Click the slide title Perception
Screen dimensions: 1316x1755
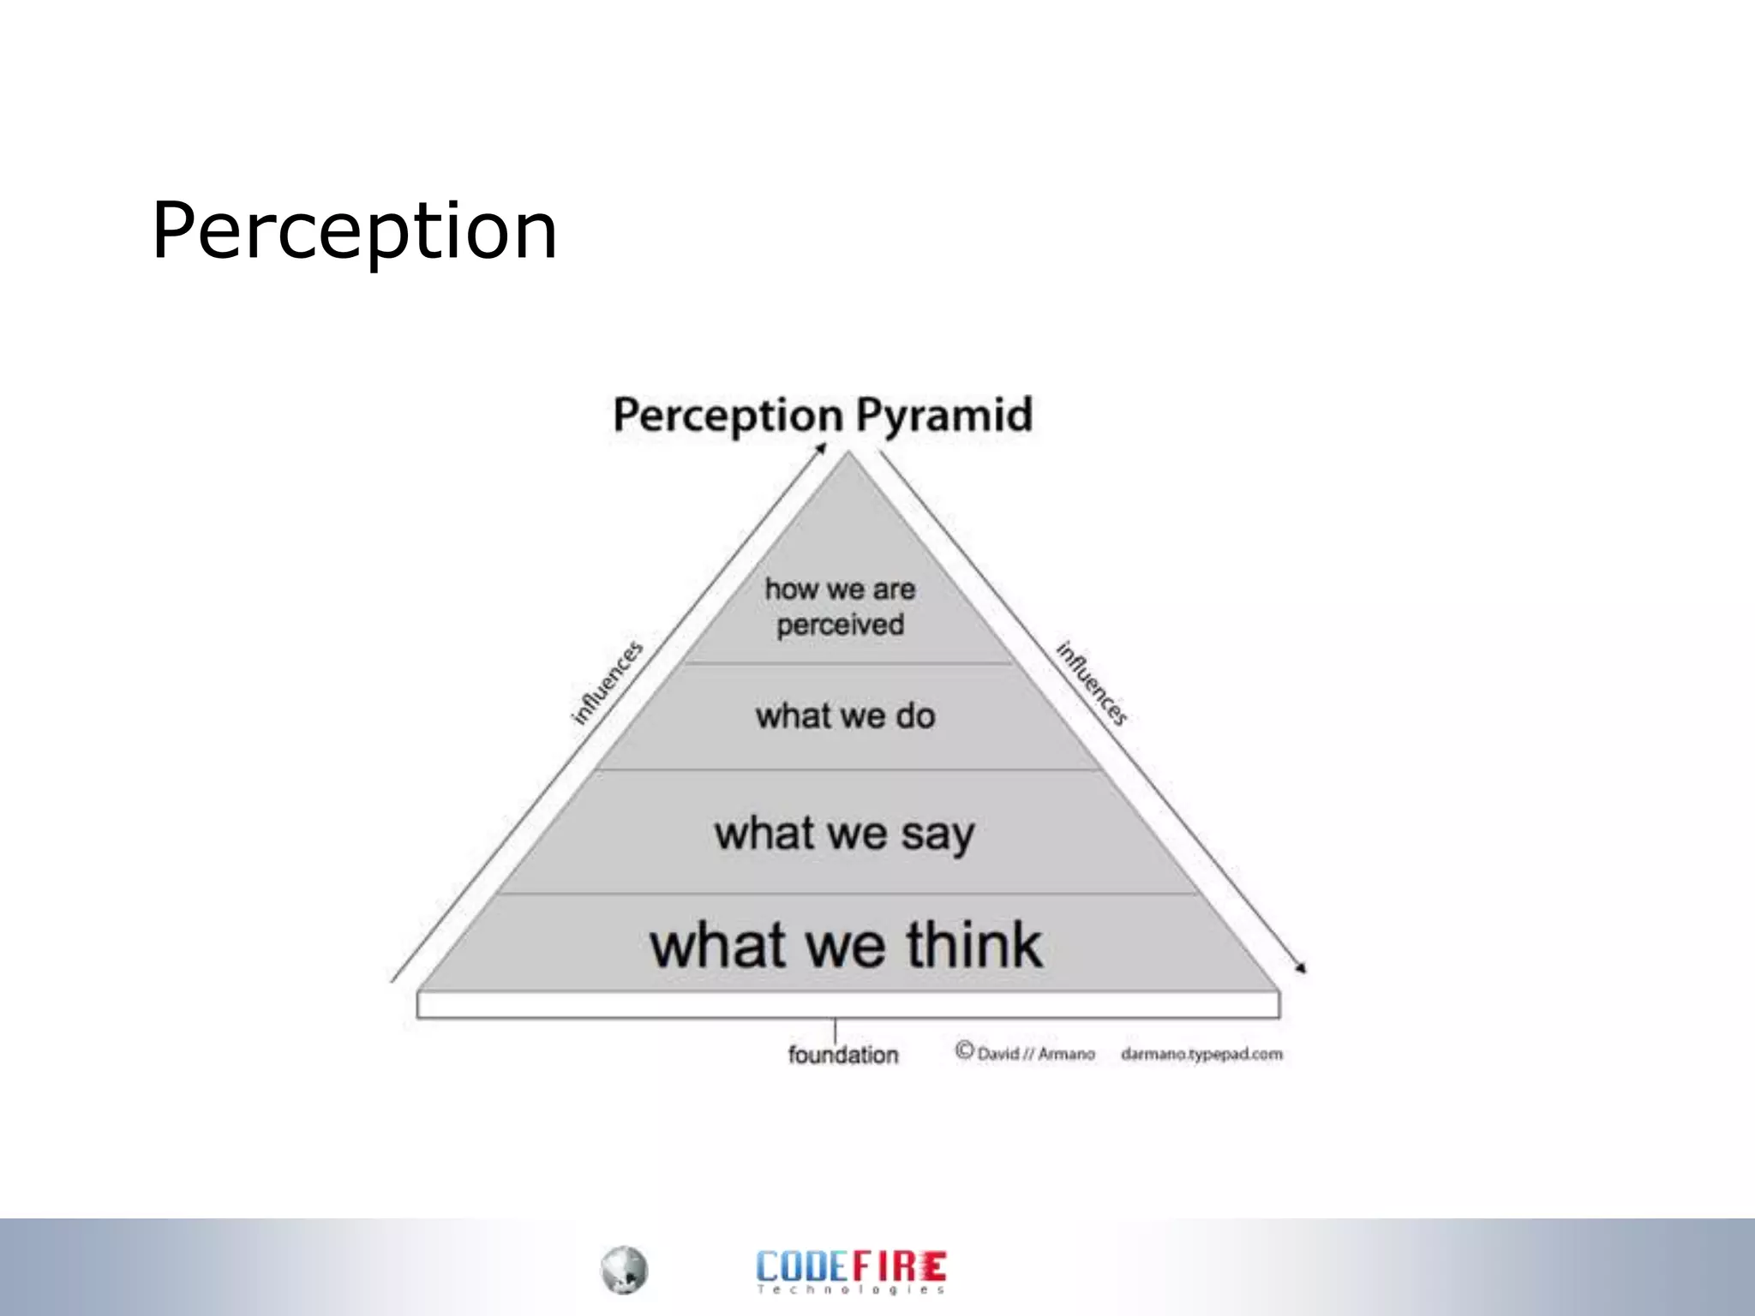point(355,230)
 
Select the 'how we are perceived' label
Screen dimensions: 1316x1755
point(840,607)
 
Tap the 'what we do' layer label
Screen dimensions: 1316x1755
point(845,716)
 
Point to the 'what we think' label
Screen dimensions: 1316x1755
point(846,945)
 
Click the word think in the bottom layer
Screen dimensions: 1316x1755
point(974,945)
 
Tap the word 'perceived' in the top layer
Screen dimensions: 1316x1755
point(840,625)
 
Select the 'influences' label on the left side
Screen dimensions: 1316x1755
point(607,683)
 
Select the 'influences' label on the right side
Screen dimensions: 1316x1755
point(1092,683)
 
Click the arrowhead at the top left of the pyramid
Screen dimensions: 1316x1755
point(821,447)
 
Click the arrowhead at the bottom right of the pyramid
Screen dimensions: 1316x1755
point(1301,969)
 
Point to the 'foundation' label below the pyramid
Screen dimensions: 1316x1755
point(843,1055)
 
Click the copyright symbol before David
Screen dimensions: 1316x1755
point(965,1050)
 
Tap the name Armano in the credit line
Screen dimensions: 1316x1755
point(1066,1054)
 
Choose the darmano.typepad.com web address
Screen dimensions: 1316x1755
point(1201,1054)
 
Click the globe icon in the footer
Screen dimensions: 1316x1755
point(624,1270)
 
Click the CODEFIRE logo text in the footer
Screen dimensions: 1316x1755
point(851,1265)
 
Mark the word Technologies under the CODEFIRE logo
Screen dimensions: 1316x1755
point(851,1289)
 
